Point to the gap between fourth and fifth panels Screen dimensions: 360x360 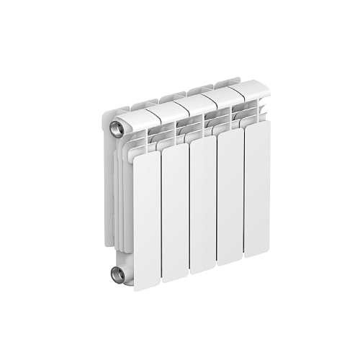(x=243, y=194)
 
